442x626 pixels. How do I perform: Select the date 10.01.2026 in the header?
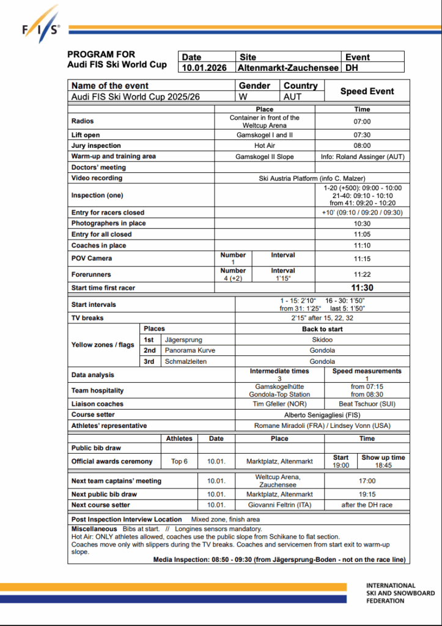[x=205, y=68]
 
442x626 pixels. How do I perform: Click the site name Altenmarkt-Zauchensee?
[x=288, y=68]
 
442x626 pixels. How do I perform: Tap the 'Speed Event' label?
[x=367, y=91]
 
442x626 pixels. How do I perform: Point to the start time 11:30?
[x=362, y=288]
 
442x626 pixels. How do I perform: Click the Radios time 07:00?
[x=362, y=122]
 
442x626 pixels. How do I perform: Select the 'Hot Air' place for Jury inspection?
[x=265, y=145]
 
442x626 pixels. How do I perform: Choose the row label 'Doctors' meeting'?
[x=98, y=168]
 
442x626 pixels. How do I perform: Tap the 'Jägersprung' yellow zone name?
[x=183, y=339]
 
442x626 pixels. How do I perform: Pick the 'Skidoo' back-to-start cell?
[x=322, y=339]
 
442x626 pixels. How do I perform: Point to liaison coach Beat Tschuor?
[x=367, y=404]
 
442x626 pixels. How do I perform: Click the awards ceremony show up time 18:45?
[x=383, y=465]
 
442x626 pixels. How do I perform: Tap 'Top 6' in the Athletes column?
[x=179, y=461]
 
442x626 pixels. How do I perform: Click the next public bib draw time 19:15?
[x=367, y=494]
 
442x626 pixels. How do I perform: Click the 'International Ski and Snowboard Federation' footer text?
[x=400, y=593]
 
